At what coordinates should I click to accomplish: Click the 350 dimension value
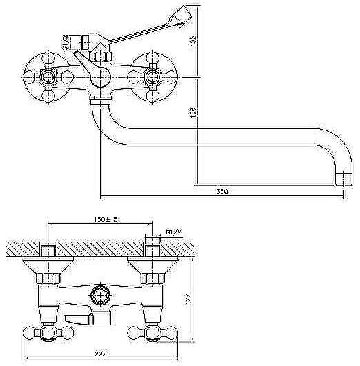(221, 192)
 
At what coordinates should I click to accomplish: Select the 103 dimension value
(194, 41)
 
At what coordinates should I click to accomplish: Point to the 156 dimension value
(193, 112)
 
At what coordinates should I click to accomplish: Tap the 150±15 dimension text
(106, 220)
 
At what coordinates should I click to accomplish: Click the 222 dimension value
(101, 354)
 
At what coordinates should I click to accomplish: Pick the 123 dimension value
(188, 298)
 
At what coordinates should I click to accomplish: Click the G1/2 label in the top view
(66, 42)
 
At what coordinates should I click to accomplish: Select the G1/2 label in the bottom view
(174, 232)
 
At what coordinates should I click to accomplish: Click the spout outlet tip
(343, 179)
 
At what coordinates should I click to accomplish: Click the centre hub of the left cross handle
(48, 77)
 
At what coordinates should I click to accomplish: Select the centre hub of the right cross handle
(152, 77)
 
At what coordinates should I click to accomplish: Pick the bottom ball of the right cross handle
(152, 96)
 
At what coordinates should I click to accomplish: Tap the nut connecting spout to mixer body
(101, 100)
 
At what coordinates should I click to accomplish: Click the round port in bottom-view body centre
(101, 295)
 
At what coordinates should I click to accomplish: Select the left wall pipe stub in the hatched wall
(48, 250)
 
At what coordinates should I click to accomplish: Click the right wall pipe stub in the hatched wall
(153, 250)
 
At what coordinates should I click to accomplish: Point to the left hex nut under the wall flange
(48, 278)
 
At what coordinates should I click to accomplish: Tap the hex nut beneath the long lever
(101, 57)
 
